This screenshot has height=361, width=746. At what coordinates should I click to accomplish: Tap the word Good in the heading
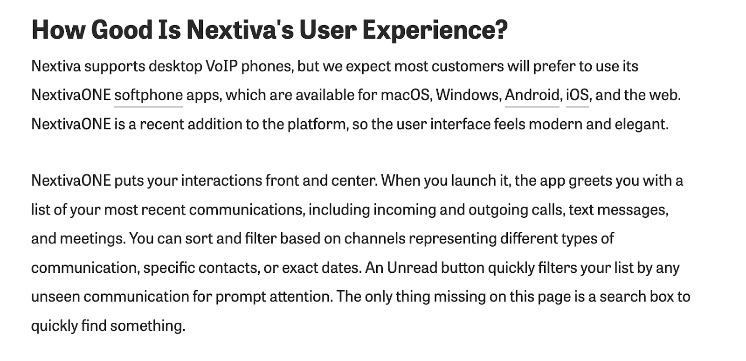(x=122, y=30)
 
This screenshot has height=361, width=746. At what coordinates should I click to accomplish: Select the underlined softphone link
(x=149, y=96)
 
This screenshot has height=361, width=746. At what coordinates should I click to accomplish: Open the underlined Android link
(x=532, y=95)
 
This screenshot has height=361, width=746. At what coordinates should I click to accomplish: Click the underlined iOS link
(x=578, y=95)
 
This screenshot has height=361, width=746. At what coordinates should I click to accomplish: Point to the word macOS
(x=405, y=95)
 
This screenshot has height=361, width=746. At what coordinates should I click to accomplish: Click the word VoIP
(x=221, y=66)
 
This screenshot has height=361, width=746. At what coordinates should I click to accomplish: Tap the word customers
(x=468, y=67)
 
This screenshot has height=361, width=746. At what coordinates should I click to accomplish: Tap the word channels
(x=375, y=239)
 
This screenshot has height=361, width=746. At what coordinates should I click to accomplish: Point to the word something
(x=147, y=326)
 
